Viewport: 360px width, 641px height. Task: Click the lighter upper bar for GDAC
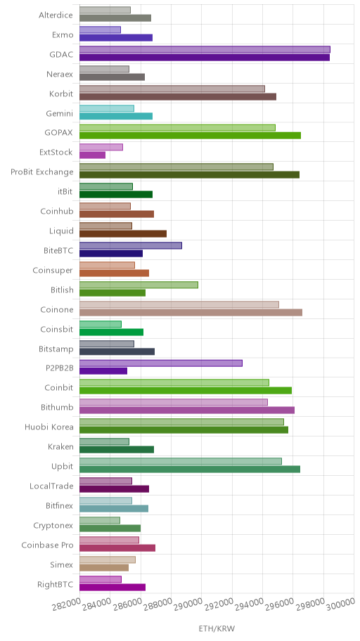click(205, 49)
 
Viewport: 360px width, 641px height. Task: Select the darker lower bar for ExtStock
click(92, 155)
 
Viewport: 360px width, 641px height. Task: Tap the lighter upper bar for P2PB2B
click(161, 363)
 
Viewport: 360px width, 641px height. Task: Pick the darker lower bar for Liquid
click(123, 234)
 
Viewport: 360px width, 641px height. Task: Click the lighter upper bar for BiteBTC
click(131, 246)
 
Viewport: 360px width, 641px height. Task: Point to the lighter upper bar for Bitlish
click(139, 285)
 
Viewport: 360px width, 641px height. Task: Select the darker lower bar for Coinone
click(191, 312)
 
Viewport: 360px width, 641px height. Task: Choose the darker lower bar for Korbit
click(178, 96)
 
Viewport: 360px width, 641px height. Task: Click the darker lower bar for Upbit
click(189, 470)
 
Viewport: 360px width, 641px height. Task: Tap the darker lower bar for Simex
click(104, 567)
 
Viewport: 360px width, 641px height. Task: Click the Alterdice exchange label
click(56, 15)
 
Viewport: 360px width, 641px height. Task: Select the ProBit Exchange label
click(42, 171)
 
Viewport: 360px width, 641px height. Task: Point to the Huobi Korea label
click(49, 427)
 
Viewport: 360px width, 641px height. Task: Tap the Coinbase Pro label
click(47, 545)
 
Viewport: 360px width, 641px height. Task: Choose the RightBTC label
click(56, 584)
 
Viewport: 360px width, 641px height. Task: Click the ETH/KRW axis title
click(217, 629)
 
